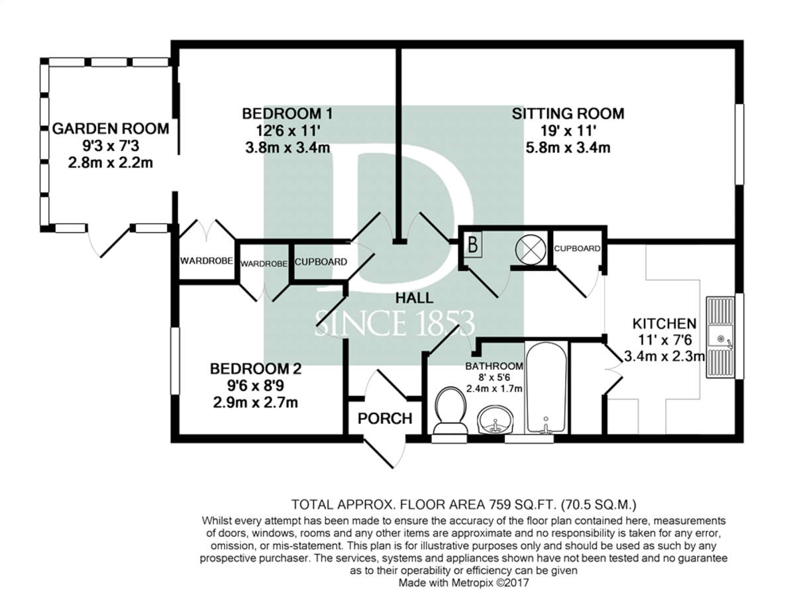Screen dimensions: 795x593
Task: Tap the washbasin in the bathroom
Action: [495, 419]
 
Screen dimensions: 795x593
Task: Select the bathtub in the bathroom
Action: [546, 388]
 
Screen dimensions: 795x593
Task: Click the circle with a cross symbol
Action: [531, 249]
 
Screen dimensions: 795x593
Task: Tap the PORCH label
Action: [385, 419]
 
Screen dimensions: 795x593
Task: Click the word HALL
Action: [414, 298]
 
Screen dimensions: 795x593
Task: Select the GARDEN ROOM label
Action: [111, 129]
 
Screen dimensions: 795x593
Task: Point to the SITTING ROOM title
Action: [568, 114]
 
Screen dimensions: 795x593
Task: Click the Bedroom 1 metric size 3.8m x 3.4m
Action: [288, 148]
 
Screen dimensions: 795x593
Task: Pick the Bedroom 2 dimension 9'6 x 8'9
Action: [256, 386]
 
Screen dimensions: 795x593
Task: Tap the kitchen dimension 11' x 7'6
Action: [665, 340]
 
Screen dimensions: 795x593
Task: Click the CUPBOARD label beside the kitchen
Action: [577, 249]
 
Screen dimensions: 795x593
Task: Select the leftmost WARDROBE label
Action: [207, 261]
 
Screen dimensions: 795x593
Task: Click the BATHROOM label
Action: [494, 366]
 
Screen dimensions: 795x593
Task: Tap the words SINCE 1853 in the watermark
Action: [394, 323]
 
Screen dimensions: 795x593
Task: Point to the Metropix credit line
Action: [464, 583]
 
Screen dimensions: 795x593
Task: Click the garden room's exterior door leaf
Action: [115, 242]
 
